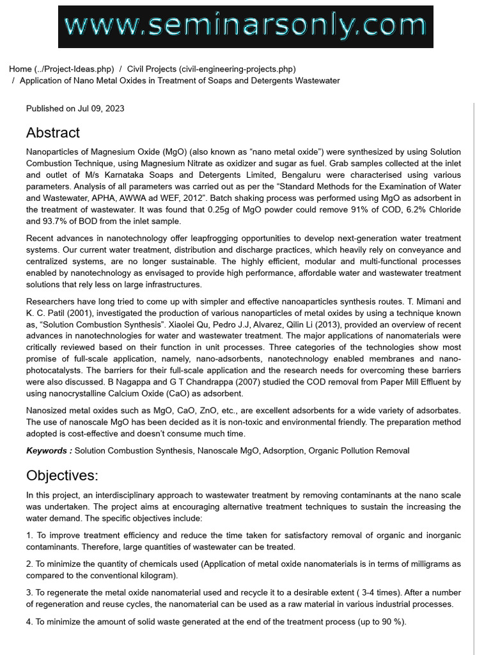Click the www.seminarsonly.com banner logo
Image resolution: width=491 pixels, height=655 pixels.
(245, 26)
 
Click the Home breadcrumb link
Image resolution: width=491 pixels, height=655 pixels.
(20, 69)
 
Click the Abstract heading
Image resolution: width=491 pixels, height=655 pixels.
(53, 133)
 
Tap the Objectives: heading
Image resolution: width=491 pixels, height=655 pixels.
(63, 475)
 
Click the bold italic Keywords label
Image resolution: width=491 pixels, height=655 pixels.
(49, 451)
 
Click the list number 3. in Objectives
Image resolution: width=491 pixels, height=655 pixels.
(29, 593)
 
